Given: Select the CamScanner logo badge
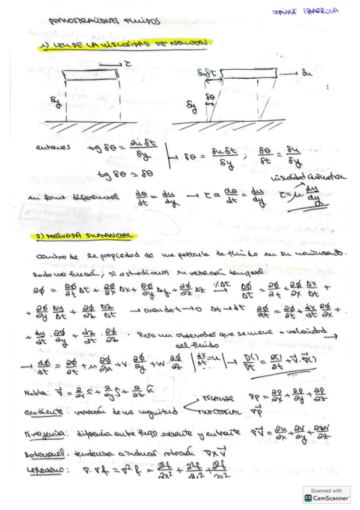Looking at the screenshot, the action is pyautogui.click(x=326, y=494).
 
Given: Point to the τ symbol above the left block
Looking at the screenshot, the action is pyautogui.click(x=129, y=62).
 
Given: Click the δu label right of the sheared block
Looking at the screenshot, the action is pyautogui.click(x=307, y=73).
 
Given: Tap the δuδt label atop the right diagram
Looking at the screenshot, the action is pyautogui.click(x=208, y=73).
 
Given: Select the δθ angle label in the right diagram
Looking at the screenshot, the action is pyautogui.click(x=210, y=96).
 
